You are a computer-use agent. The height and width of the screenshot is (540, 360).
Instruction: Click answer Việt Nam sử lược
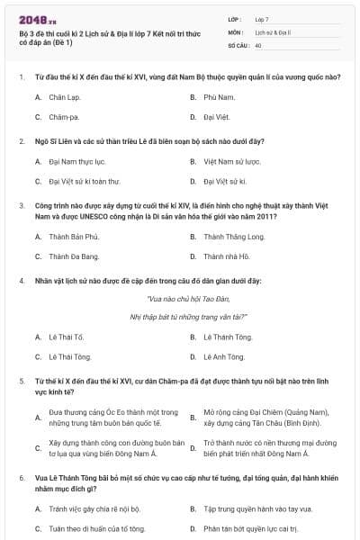232,162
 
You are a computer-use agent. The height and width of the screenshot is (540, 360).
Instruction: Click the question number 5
20,382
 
